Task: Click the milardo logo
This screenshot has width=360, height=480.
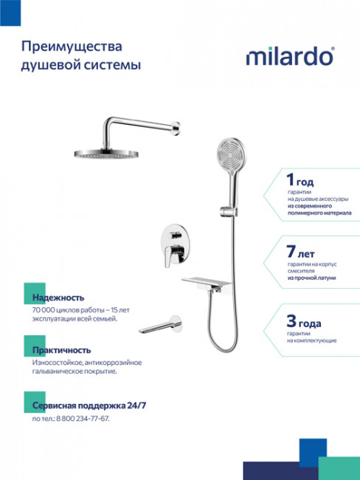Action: (290, 56)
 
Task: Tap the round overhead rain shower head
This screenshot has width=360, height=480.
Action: (105, 153)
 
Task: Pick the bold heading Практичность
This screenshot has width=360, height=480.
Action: (62, 349)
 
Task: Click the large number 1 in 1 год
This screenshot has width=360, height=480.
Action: (290, 179)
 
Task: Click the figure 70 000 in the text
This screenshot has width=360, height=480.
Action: (46, 309)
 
